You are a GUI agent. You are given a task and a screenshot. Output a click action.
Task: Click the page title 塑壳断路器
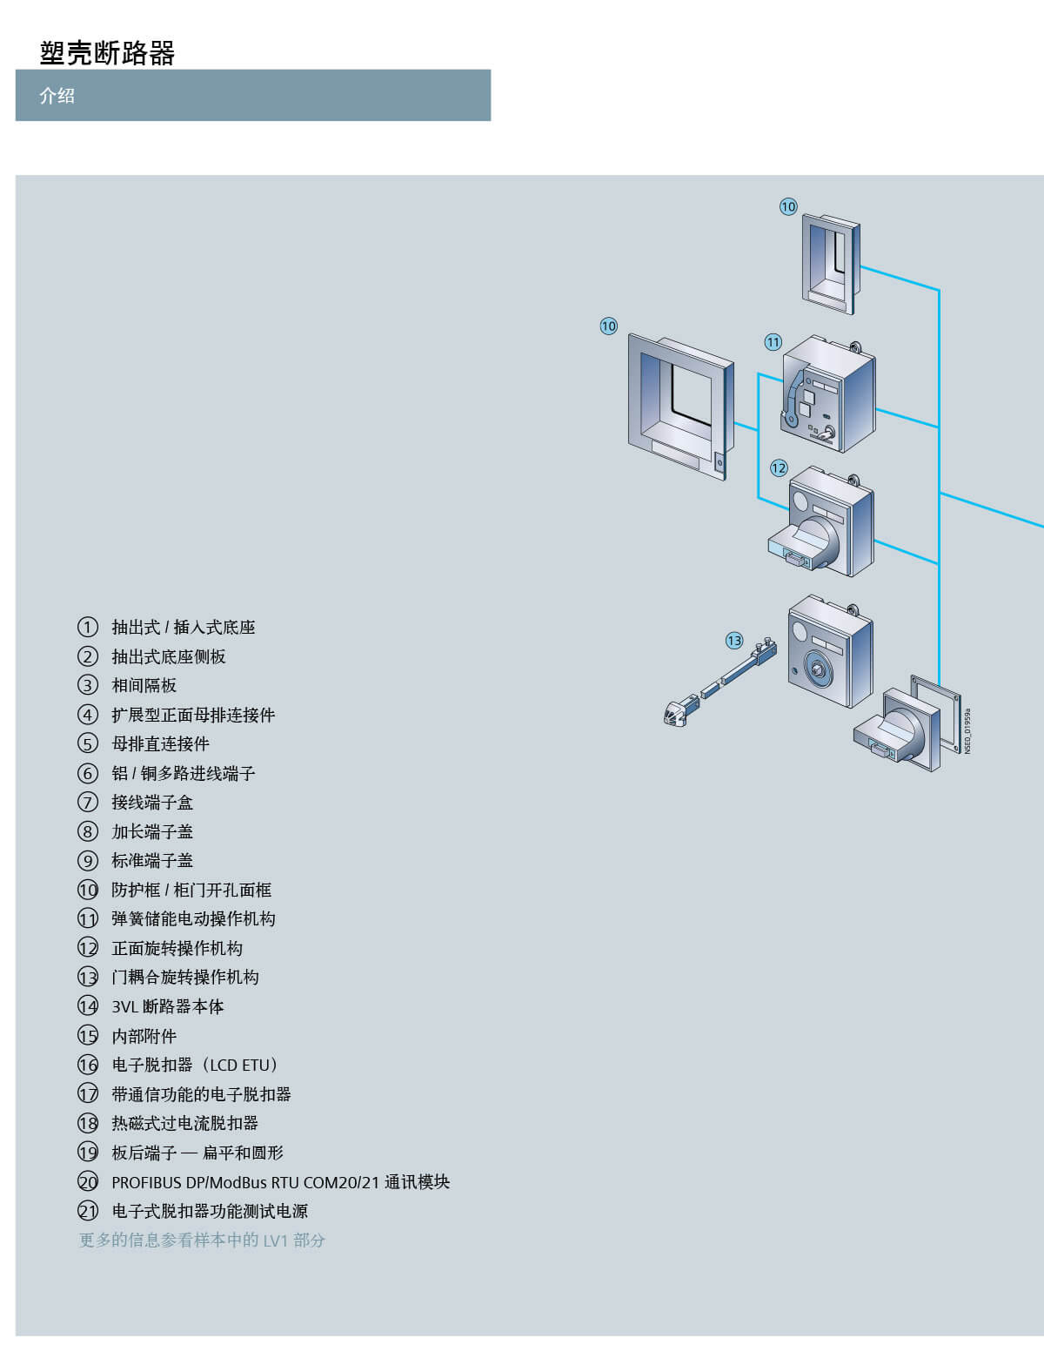107,53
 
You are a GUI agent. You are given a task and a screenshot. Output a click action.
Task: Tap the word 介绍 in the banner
57,96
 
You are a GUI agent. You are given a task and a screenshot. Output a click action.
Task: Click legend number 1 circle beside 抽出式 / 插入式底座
88,627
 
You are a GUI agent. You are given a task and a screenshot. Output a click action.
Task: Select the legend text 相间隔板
144,686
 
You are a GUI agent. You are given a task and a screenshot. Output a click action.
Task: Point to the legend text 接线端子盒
152,803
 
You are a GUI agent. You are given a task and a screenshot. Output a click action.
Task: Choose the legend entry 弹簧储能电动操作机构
193,919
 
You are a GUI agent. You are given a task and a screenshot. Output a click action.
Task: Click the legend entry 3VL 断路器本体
167,1006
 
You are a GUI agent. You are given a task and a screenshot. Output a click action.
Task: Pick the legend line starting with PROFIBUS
280,1182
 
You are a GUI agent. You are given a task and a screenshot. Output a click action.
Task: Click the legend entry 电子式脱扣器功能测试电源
210,1211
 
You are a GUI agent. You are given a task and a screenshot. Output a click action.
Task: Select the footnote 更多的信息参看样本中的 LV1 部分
202,1240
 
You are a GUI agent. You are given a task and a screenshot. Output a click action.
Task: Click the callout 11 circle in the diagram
773,342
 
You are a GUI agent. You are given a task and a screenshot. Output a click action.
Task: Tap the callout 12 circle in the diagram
779,468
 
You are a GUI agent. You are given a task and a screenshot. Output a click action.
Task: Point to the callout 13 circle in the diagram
734,641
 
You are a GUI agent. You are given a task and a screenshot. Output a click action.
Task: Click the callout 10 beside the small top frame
788,206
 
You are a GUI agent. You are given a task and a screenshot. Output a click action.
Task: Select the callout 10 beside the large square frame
608,326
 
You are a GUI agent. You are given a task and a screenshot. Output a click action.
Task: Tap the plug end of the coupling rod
673,714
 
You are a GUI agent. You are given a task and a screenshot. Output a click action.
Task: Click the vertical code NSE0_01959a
967,730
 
